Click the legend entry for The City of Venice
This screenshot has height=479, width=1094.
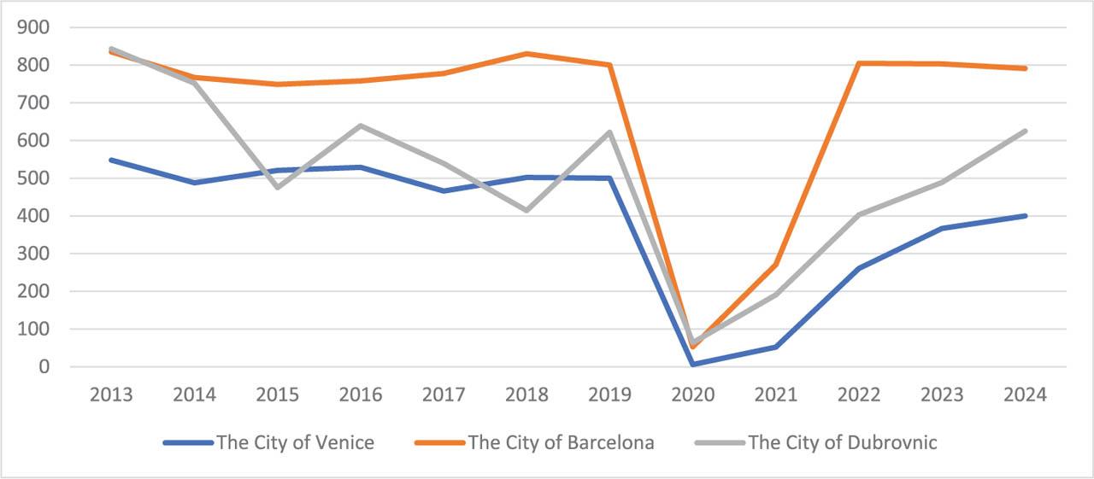pos(294,442)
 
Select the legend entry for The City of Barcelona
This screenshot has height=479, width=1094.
pos(561,442)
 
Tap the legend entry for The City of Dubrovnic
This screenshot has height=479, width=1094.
pos(842,442)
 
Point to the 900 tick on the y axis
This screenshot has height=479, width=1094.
pos(32,27)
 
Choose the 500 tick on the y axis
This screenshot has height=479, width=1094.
pos(32,178)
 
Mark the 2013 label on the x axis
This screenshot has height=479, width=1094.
pos(111,394)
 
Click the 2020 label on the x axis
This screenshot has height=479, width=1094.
pos(693,394)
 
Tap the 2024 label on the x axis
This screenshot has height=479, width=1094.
pos(1025,394)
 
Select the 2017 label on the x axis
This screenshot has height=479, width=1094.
pos(444,394)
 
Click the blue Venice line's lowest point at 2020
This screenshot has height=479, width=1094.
pos(693,365)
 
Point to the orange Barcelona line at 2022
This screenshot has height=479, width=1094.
pos(859,63)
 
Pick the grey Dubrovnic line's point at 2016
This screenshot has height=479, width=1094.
pos(361,126)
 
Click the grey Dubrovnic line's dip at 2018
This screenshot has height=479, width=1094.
pos(526,210)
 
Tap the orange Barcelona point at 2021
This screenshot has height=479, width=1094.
pos(776,265)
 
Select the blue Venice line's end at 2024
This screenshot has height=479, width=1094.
pos(1025,216)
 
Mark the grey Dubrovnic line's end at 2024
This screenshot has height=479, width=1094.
pos(1025,131)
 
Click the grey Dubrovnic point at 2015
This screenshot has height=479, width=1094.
pos(278,187)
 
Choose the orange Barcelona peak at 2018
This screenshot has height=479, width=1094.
pos(526,54)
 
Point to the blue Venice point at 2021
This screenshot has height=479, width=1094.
pos(776,347)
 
